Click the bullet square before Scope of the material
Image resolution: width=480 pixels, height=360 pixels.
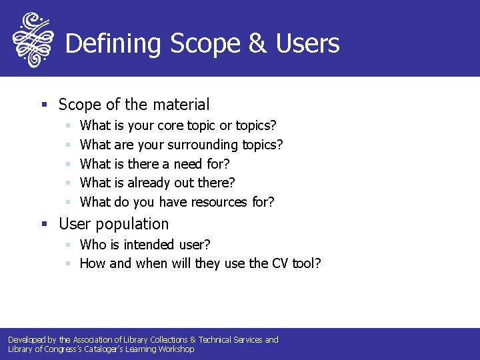(44, 105)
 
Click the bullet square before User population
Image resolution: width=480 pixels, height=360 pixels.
(44, 225)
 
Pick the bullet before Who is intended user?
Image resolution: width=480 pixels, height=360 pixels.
(68, 245)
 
